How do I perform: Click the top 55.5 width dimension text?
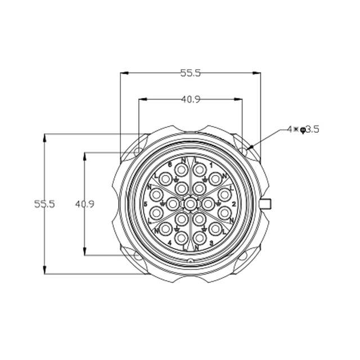point(191,73)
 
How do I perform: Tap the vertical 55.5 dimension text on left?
point(44,204)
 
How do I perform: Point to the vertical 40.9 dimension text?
point(84,204)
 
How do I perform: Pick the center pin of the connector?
point(191,203)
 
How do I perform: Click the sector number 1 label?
point(211,165)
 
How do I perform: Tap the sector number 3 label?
point(211,242)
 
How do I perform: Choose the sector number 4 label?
point(169,242)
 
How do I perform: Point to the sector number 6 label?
point(169,164)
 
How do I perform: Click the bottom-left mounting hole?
point(137,258)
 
